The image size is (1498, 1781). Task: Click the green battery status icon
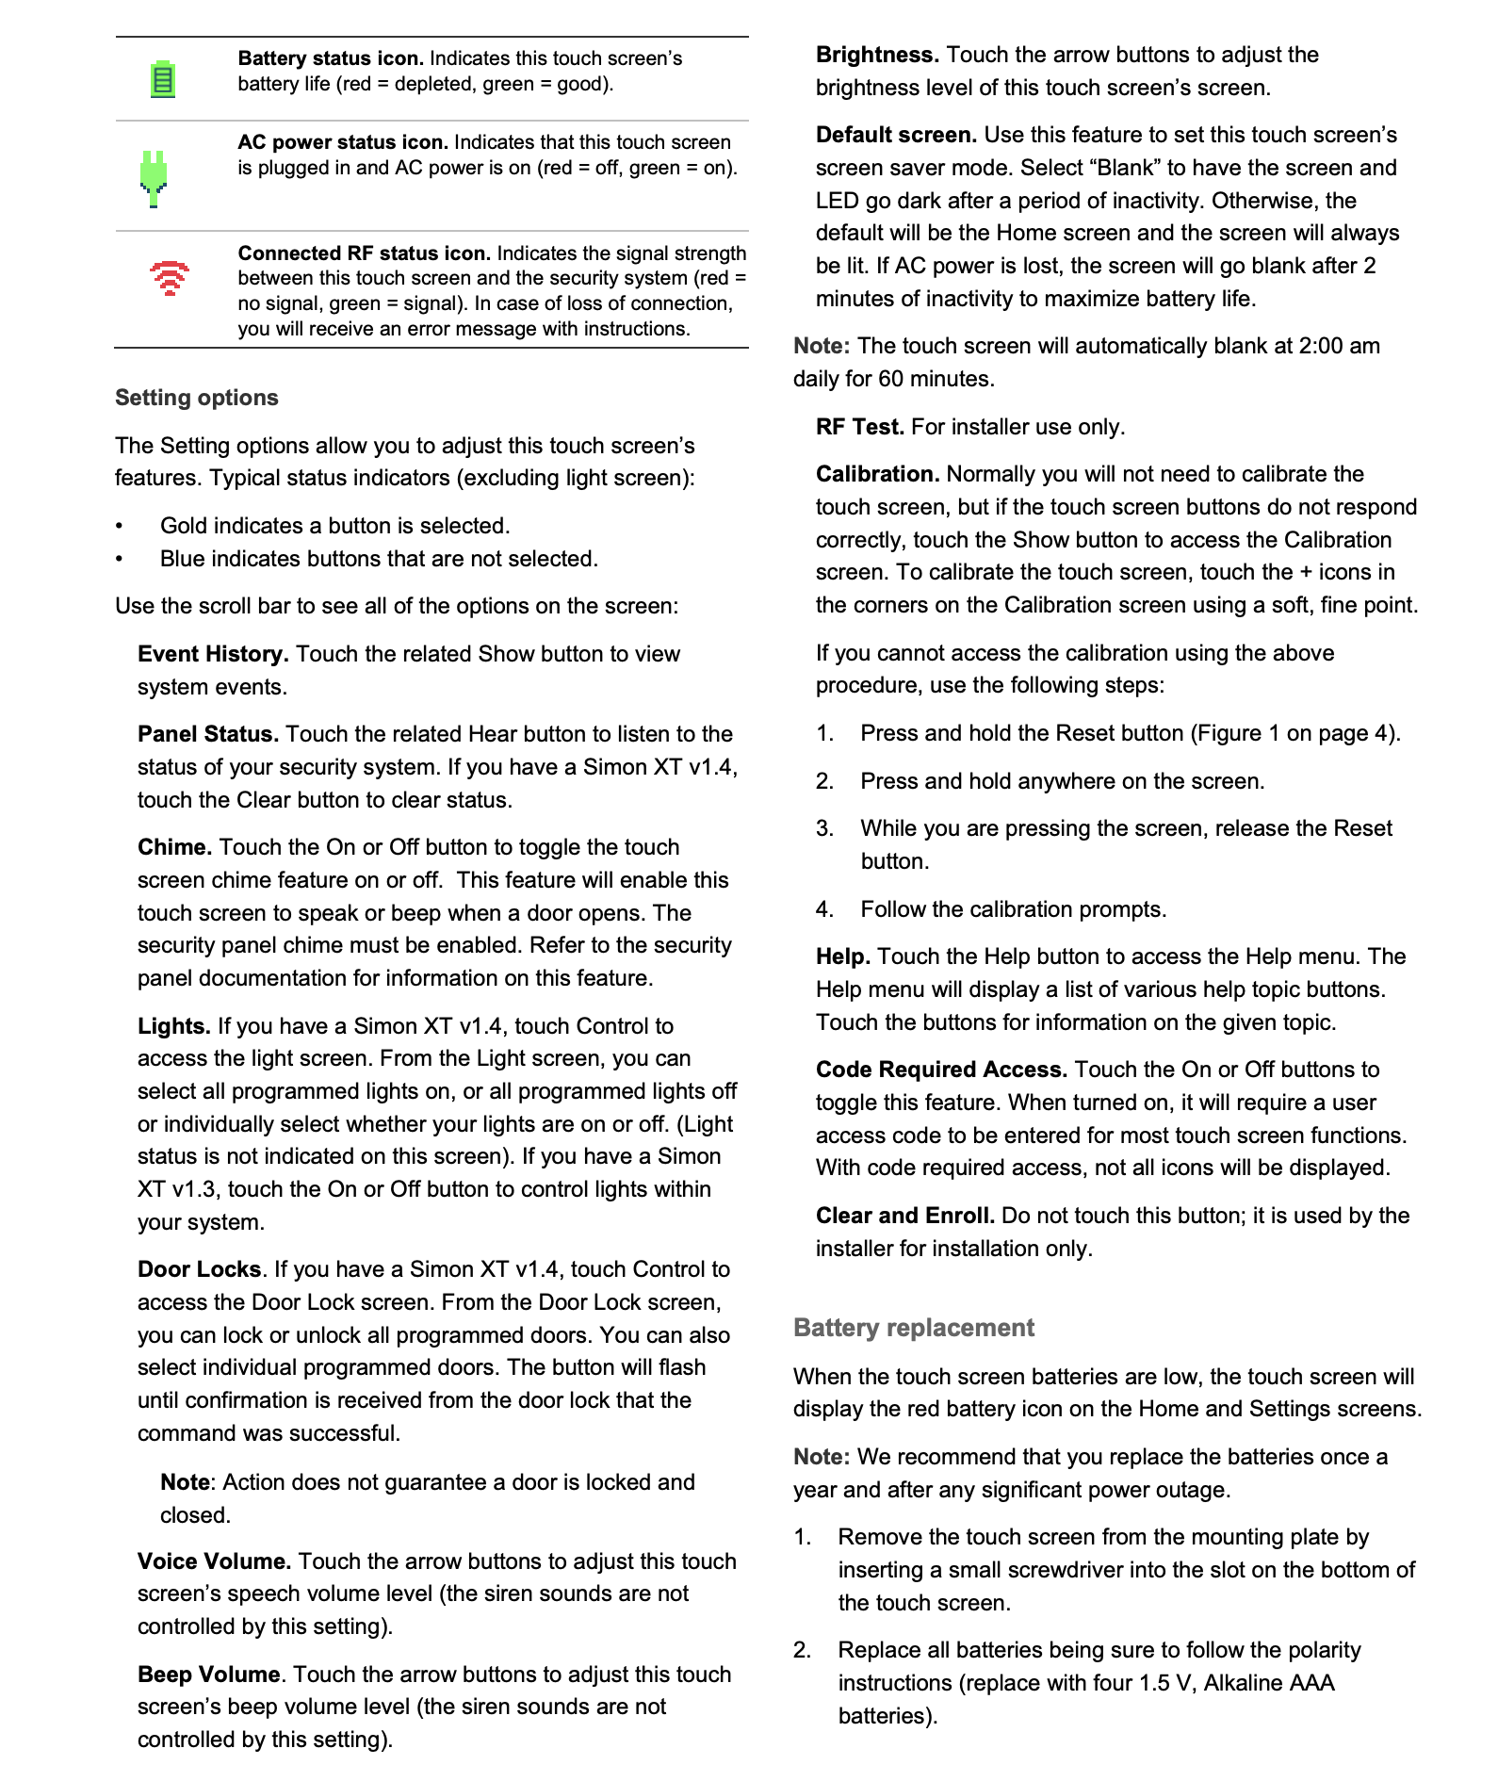point(163,79)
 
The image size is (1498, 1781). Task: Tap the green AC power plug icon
point(154,177)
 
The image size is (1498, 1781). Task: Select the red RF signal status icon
point(170,278)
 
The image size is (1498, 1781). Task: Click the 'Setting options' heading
point(196,398)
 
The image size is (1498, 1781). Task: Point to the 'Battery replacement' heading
point(913,1328)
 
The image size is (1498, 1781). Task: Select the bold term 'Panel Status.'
point(208,734)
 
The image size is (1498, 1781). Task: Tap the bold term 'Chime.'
point(175,847)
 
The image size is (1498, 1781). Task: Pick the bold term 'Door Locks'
point(200,1269)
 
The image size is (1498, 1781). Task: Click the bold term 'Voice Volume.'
point(215,1561)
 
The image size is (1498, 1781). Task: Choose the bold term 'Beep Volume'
point(209,1675)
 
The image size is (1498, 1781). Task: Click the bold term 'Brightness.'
point(877,55)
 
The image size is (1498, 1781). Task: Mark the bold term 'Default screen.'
point(896,135)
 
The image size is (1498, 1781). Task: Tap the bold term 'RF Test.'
point(859,427)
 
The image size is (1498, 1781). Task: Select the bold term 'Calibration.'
point(877,474)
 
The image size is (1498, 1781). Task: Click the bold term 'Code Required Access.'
point(941,1070)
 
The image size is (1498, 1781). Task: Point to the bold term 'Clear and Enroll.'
point(904,1216)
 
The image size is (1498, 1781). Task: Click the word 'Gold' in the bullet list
point(184,526)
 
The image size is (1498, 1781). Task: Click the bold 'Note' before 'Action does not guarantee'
point(185,1482)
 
